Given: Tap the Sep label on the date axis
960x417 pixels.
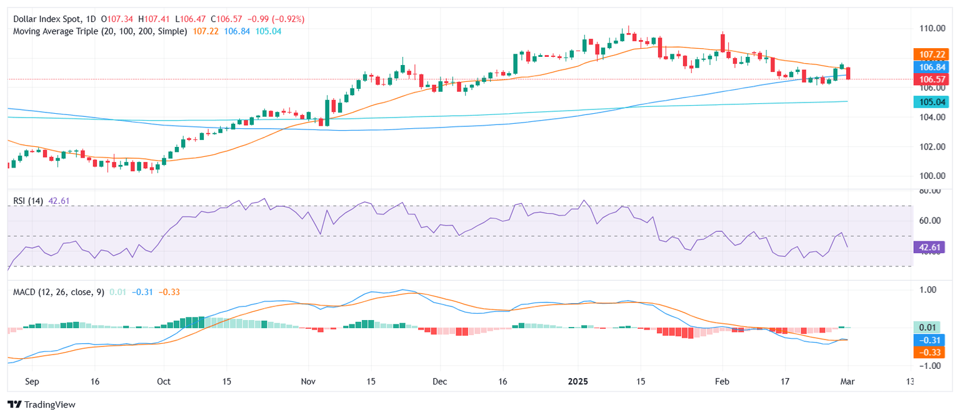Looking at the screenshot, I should click(x=32, y=381).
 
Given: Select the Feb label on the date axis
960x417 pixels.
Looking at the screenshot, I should click(x=722, y=381).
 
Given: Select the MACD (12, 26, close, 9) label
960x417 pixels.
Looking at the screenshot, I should click(x=56, y=291).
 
